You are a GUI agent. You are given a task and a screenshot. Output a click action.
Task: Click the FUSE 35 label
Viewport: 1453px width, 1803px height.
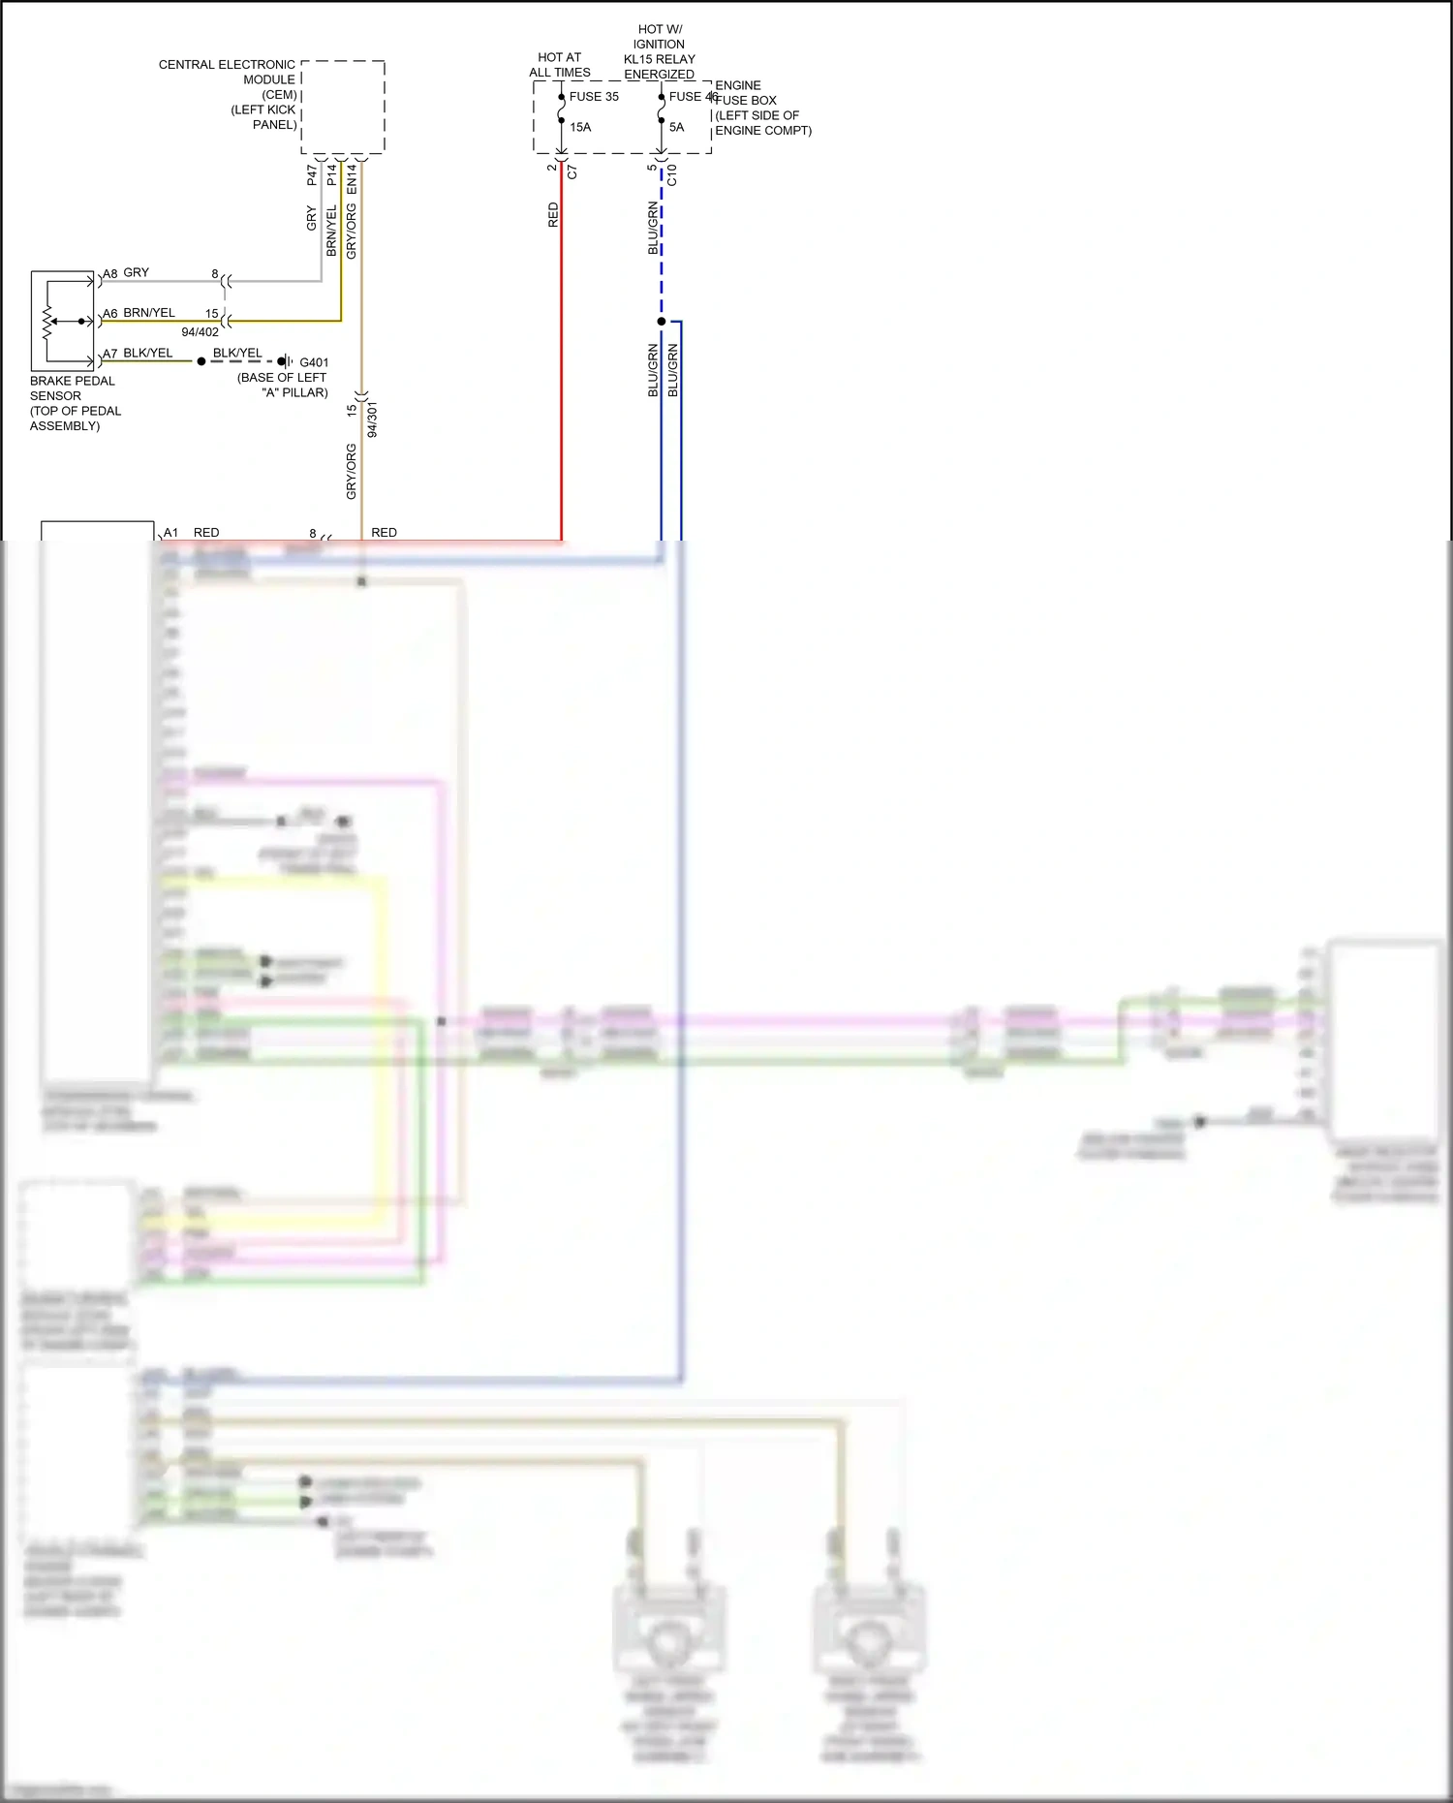point(594,97)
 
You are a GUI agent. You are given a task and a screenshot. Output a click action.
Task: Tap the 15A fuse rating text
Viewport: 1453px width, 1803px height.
point(580,127)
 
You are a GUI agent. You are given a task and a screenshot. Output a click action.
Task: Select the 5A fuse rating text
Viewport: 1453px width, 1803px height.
point(676,127)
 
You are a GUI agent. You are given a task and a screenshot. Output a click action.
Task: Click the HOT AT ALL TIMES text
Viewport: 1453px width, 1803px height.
point(560,65)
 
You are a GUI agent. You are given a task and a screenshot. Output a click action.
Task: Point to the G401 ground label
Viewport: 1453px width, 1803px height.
point(314,362)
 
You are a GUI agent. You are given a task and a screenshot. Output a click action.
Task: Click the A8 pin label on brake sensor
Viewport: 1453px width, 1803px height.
point(110,274)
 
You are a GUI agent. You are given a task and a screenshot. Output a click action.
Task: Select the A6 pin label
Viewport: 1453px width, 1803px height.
point(110,314)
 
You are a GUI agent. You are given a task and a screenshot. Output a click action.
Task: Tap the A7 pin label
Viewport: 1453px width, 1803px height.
point(110,355)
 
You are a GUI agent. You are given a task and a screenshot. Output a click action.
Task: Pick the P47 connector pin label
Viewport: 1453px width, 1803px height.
point(312,175)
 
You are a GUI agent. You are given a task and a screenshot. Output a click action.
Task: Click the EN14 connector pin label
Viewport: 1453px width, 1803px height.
point(352,178)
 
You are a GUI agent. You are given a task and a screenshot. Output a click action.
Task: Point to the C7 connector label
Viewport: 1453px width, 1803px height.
point(572,172)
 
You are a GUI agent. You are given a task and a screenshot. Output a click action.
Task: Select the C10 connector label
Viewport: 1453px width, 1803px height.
point(672,175)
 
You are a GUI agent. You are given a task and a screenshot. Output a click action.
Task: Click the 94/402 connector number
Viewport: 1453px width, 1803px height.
point(201,332)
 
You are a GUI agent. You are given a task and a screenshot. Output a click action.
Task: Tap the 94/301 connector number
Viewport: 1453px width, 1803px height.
point(373,420)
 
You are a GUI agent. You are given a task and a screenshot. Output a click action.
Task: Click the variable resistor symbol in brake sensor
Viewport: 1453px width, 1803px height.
point(47,322)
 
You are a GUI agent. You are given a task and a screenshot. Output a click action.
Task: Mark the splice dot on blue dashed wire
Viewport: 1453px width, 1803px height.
point(662,322)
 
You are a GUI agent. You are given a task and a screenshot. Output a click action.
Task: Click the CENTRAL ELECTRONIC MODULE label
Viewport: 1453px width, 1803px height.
point(229,94)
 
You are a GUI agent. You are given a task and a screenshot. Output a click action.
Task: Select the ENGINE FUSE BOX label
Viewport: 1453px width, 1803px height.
point(762,108)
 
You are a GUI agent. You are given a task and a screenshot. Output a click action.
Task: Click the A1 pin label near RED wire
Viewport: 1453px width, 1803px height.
point(170,533)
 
